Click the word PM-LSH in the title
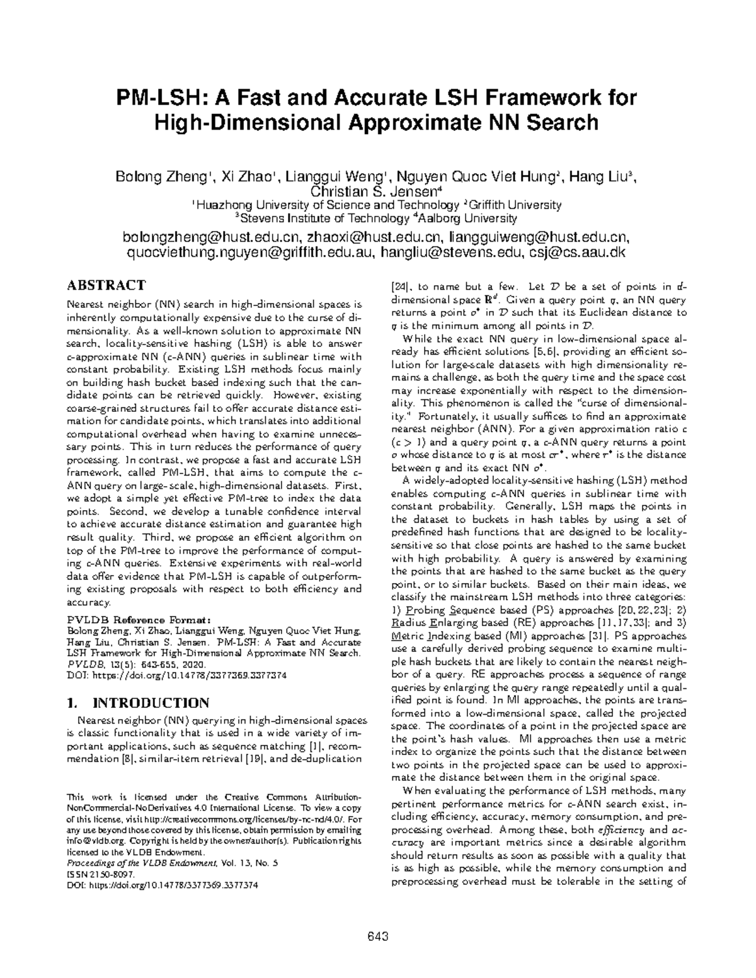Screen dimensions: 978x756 coord(159,99)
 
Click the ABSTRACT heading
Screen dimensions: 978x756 coord(106,285)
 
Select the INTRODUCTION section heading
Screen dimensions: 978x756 coord(151,703)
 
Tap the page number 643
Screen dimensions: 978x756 coord(377,936)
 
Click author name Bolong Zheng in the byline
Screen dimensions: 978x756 coord(161,177)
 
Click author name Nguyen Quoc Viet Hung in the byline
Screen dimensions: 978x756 coord(478,177)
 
